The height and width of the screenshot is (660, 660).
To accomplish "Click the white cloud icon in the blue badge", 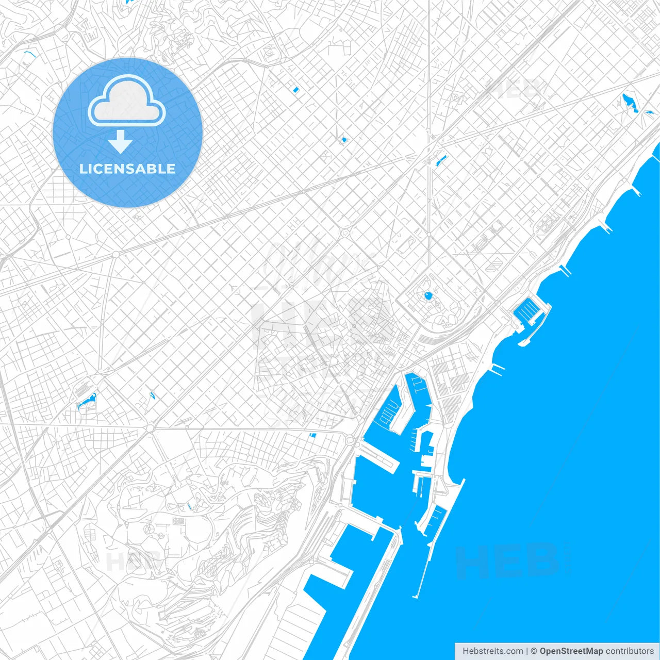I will [127, 102].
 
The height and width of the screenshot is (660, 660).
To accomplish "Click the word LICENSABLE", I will [127, 169].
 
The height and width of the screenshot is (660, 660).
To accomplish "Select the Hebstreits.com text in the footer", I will [492, 651].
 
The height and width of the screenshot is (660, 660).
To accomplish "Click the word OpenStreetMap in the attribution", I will [571, 651].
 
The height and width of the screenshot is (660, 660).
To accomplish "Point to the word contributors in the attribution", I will [629, 651].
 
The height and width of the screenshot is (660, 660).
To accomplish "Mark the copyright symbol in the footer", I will [534, 651].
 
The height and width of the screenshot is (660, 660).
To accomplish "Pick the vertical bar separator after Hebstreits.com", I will [527, 651].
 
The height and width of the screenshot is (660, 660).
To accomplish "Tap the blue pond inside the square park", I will [427, 296].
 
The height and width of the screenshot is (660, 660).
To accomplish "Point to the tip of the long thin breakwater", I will [415, 597].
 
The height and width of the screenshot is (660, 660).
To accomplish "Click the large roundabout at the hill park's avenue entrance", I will [150, 428].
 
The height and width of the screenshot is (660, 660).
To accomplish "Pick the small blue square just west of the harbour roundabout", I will [312, 435].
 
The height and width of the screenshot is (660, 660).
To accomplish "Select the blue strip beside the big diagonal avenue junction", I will [441, 160].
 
